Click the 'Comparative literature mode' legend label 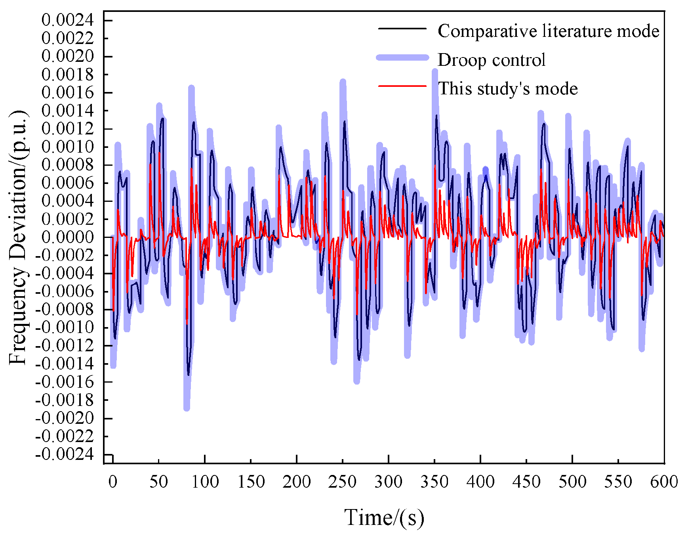point(548,31)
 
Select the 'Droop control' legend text point(491,60)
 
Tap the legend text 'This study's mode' point(507,88)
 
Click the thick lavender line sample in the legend point(402,58)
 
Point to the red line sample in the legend point(402,86)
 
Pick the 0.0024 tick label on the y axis point(68,20)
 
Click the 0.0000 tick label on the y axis point(68,237)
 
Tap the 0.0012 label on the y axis point(68,128)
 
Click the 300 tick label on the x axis point(388,482)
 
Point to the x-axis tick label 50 point(158,482)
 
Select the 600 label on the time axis point(664,482)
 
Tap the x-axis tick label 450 point(526,482)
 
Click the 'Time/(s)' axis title point(384,517)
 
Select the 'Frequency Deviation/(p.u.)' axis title point(18,237)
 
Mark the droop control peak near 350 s point(434,72)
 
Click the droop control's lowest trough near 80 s point(187,408)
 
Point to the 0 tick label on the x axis point(113,482)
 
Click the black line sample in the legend point(402,29)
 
